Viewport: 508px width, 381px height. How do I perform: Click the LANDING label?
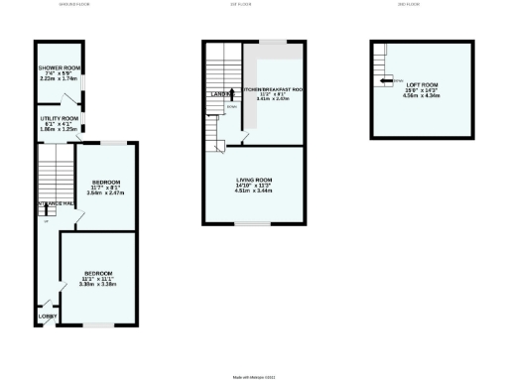220,94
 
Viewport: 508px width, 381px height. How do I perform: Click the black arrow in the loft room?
383,82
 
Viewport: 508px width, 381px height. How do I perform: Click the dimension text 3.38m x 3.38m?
98,285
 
